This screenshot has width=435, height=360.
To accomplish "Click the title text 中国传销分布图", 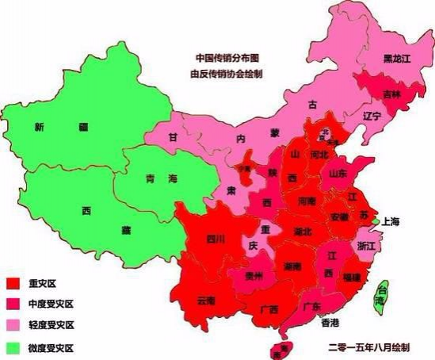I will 227,58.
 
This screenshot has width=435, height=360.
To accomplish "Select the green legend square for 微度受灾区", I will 12,347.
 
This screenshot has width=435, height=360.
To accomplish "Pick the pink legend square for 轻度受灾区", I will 12,325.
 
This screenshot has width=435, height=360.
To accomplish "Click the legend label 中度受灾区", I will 49,304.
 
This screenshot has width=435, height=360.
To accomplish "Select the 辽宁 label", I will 371,116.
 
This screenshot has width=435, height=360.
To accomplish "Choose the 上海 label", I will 393,222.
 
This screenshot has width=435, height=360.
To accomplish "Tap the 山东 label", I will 338,173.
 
